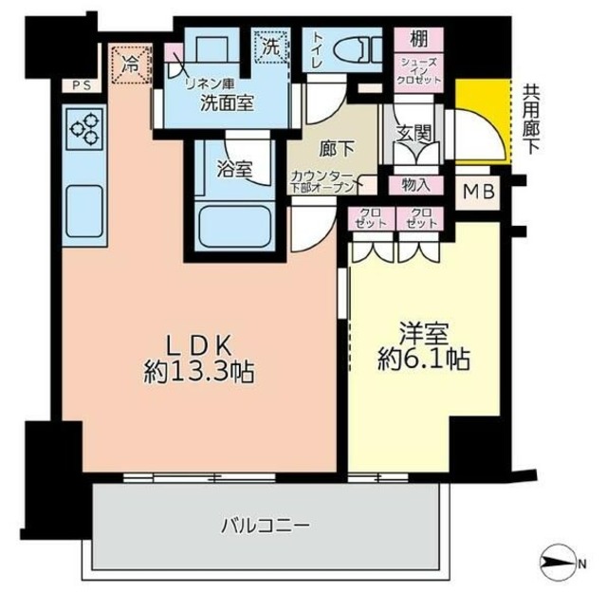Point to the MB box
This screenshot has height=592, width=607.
479,191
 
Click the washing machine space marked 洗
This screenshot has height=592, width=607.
270,45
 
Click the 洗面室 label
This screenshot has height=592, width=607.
225,105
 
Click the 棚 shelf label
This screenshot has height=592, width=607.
417,40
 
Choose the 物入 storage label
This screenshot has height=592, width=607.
415,184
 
